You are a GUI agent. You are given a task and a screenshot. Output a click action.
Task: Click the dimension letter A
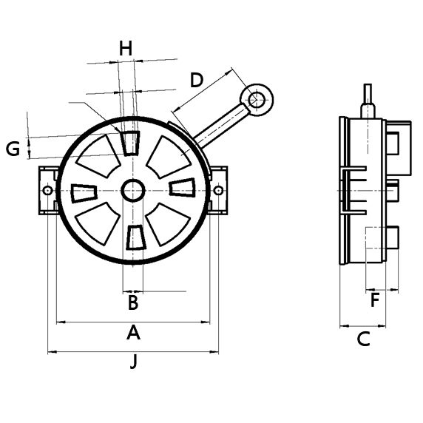click(133, 333)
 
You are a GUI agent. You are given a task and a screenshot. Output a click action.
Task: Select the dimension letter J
click(133, 362)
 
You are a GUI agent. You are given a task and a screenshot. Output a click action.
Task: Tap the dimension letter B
click(133, 302)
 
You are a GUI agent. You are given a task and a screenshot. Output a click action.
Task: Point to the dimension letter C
click(363, 339)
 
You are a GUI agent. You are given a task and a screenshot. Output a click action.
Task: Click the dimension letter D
click(196, 80)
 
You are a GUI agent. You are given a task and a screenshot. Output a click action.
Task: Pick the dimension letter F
click(375, 300)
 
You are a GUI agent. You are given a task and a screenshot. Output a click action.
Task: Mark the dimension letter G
click(13, 149)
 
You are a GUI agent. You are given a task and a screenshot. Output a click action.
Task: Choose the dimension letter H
click(126, 49)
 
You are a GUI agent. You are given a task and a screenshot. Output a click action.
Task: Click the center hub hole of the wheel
click(133, 190)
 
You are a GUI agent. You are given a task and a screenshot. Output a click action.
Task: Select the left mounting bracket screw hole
click(48, 190)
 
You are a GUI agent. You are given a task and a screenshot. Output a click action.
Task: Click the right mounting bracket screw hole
click(218, 190)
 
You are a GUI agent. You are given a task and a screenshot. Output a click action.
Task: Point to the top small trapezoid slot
click(132, 143)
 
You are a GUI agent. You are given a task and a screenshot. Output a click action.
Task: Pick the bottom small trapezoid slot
click(134, 237)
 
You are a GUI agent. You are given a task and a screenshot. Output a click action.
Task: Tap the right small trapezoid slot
click(182, 188)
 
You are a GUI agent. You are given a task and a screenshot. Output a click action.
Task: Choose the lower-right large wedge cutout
click(169, 223)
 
